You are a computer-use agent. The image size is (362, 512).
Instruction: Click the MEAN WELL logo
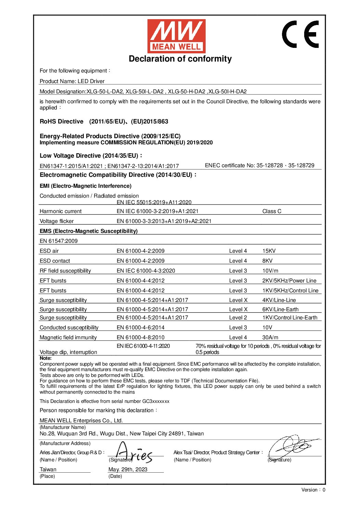(x=176, y=36)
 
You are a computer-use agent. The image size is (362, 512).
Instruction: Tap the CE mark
(x=301, y=34)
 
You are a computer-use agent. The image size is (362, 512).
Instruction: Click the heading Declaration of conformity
(x=180, y=59)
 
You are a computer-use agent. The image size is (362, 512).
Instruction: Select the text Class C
(x=272, y=211)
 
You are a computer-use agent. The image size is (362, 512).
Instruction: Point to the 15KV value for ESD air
(x=269, y=251)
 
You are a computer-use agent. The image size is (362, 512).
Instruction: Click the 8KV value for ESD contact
(x=267, y=261)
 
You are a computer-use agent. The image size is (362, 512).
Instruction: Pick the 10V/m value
(x=270, y=271)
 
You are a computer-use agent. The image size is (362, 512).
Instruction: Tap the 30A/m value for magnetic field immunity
(x=270, y=338)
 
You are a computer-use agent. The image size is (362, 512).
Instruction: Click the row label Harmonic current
(x=61, y=211)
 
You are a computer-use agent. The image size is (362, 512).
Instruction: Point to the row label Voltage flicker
(x=56, y=221)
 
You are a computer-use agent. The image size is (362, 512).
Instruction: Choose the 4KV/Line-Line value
(x=279, y=300)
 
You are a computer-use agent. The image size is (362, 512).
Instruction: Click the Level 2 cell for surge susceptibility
(x=238, y=318)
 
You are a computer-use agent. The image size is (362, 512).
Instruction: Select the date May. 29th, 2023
(x=128, y=470)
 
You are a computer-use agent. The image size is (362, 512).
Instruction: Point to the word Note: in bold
(x=46, y=358)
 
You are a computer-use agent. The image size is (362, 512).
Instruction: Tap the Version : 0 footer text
(x=313, y=490)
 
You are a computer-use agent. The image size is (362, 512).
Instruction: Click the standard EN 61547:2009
(x=59, y=241)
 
